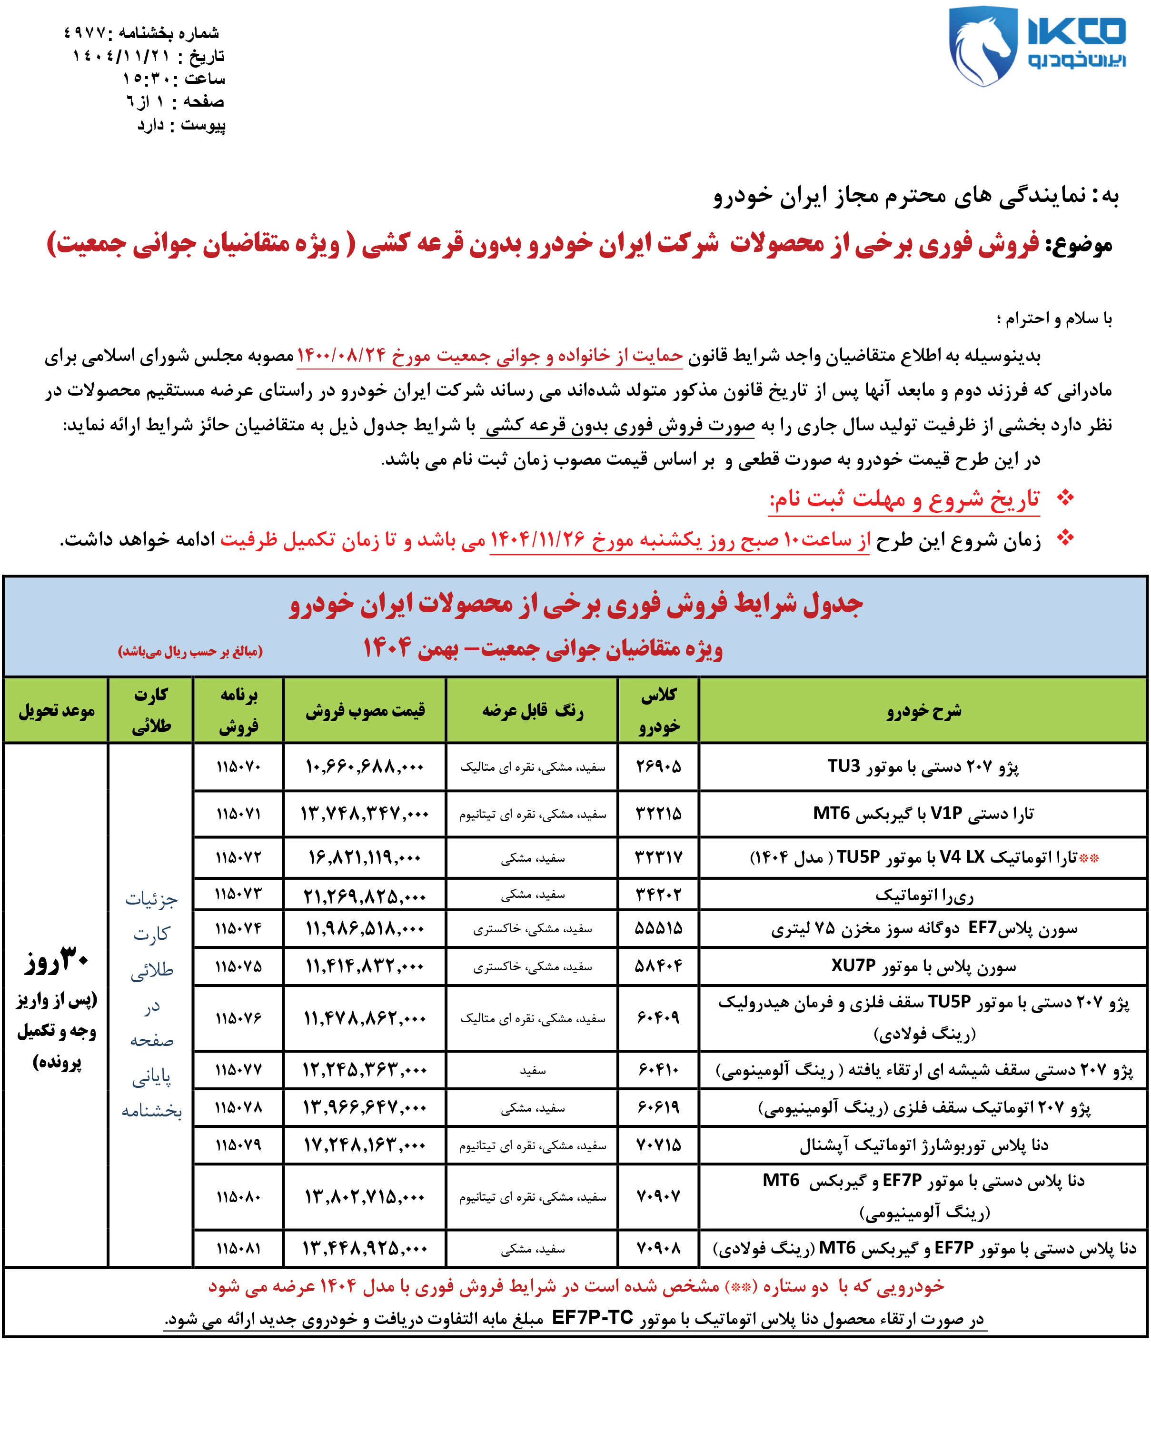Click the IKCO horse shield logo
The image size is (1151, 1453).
click(x=982, y=46)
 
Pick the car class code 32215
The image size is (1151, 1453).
click(x=658, y=814)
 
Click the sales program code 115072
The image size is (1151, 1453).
click(x=238, y=857)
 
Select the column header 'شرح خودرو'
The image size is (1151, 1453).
click(x=923, y=710)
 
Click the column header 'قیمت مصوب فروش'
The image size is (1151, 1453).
click(x=365, y=710)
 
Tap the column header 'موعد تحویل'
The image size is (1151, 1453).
click(x=56, y=710)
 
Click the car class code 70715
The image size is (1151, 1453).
click(x=658, y=1145)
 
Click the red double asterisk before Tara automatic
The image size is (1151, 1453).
click(x=1089, y=858)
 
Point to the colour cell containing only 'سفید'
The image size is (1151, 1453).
click(x=532, y=1070)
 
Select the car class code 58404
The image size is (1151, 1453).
click(x=658, y=966)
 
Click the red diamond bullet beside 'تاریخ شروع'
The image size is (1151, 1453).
click(x=1065, y=498)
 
